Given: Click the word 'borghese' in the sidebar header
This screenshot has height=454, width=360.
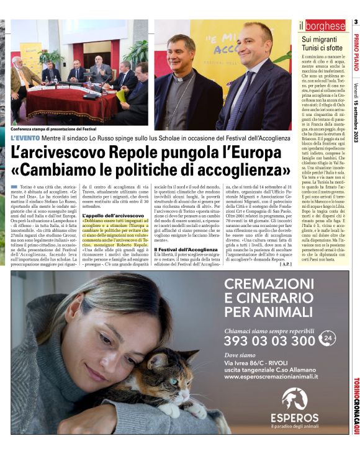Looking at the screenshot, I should click(325, 25).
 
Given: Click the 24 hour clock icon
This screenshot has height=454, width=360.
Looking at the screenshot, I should click(329, 339).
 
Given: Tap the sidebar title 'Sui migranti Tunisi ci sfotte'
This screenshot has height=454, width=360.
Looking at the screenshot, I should click(323, 43).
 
